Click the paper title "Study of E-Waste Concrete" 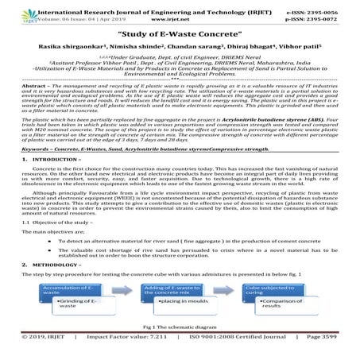point(180,35)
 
